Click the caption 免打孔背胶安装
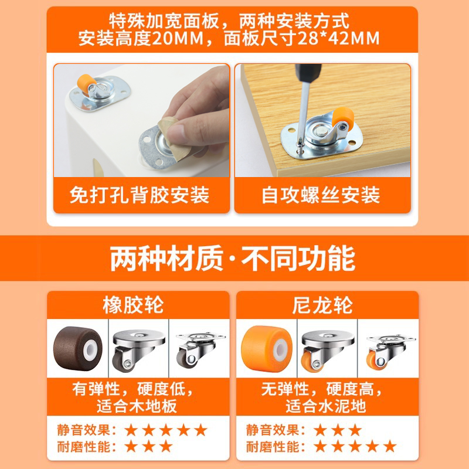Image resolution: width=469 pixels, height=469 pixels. [x=139, y=195]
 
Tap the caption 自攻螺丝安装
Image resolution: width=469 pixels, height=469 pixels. [x=321, y=195]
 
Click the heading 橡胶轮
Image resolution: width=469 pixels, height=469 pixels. [x=138, y=305]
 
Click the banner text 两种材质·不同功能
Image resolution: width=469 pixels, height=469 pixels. [x=233, y=259]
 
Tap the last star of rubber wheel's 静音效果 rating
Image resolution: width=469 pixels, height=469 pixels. [x=201, y=430]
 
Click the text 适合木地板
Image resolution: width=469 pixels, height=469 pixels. [x=138, y=406]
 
